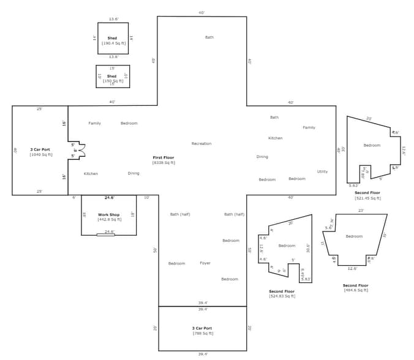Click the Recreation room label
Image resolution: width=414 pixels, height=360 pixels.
201,144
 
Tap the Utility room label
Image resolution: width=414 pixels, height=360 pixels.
322,171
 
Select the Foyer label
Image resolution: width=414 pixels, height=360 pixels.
205,263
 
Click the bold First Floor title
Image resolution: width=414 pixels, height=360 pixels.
164,157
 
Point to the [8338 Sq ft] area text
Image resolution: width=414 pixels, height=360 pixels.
164,163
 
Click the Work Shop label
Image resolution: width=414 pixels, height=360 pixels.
108,214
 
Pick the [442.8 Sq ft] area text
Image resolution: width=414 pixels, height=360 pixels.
108,219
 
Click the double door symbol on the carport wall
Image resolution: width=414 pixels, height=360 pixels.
80,150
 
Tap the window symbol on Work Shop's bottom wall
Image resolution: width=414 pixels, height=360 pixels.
105,235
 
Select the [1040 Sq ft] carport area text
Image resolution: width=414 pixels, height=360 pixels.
41,155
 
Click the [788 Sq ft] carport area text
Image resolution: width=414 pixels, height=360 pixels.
202,333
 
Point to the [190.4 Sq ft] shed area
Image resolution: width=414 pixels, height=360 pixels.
113,43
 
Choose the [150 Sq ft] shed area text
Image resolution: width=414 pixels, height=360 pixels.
111,81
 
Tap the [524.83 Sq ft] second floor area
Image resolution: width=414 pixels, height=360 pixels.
282,296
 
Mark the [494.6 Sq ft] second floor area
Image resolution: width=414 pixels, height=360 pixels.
355,290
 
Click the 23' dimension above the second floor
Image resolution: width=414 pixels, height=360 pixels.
361,211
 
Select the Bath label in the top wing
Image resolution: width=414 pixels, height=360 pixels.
209,37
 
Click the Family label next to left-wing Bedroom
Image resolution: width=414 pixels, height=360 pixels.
94,123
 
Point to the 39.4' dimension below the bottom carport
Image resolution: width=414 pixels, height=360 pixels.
202,354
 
